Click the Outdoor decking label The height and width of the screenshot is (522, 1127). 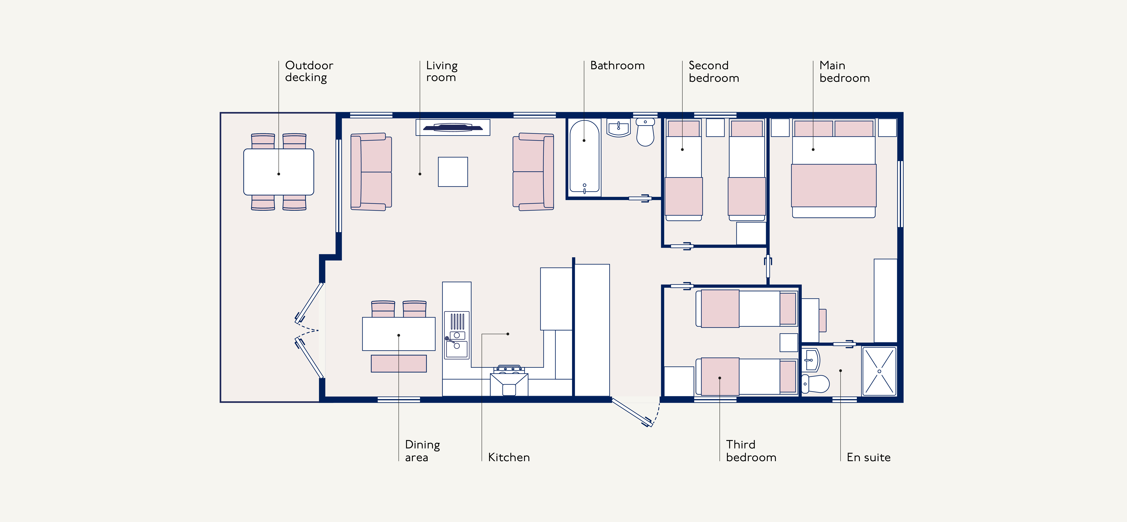(x=309, y=71)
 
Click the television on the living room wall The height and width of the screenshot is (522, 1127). (x=453, y=127)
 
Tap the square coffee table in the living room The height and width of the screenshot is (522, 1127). (x=453, y=172)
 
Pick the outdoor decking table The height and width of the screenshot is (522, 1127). (x=279, y=172)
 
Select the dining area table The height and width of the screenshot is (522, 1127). (x=399, y=334)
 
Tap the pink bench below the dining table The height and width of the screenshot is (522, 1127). (x=399, y=363)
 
